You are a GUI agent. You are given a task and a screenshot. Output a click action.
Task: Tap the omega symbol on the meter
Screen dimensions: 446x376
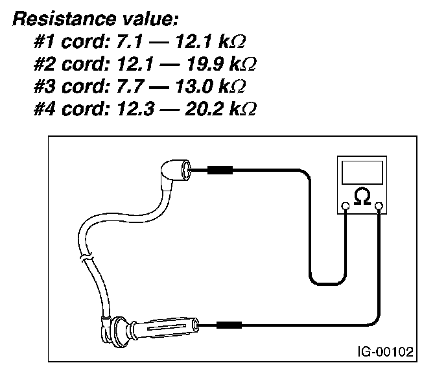[x=362, y=196]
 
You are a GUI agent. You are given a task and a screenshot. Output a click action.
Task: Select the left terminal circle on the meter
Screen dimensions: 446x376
[x=346, y=207]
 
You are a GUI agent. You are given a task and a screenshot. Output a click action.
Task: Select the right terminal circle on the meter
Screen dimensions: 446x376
[x=379, y=207]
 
